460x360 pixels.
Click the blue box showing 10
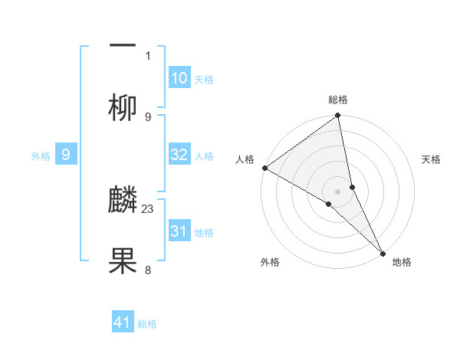pyautogui.click(x=179, y=78)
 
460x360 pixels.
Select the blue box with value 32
pyautogui.click(x=179, y=155)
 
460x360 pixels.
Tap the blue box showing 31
pyautogui.click(x=179, y=231)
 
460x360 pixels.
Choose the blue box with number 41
pyautogui.click(x=123, y=322)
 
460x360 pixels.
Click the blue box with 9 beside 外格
pyautogui.click(x=66, y=155)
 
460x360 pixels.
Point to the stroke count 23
pyautogui.click(x=149, y=208)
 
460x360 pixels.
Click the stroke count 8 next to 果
pyautogui.click(x=148, y=270)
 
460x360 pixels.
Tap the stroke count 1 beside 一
pyautogui.click(x=148, y=55)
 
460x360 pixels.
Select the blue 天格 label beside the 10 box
pyautogui.click(x=204, y=79)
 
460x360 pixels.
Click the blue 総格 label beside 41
pyautogui.click(x=147, y=324)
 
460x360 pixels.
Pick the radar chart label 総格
pyautogui.click(x=338, y=100)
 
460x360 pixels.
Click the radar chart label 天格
pyautogui.click(x=432, y=159)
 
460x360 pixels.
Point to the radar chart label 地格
pyautogui.click(x=402, y=263)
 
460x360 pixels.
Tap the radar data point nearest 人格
pyautogui.click(x=264, y=168)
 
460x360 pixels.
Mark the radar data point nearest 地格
pyautogui.click(x=383, y=252)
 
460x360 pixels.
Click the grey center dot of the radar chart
pyautogui.click(x=338, y=191)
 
